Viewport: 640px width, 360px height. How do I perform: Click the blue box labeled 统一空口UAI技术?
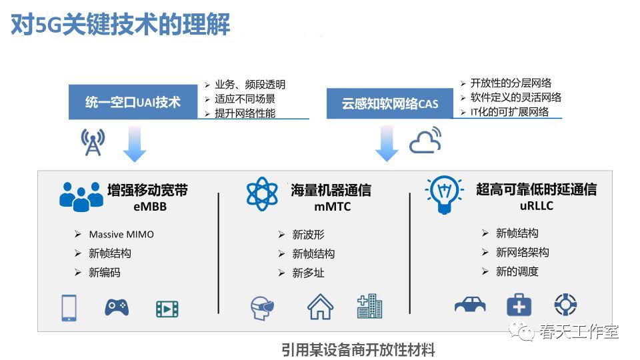click(x=133, y=101)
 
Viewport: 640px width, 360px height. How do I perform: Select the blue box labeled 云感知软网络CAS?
click(x=389, y=103)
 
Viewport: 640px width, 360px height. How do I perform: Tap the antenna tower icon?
click(x=93, y=142)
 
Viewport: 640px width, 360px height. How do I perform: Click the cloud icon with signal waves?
click(x=425, y=140)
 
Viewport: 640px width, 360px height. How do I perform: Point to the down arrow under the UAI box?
click(x=135, y=144)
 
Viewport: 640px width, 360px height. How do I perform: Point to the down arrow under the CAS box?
click(x=387, y=143)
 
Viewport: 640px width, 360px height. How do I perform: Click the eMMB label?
click(x=150, y=207)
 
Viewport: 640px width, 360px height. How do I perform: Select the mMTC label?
click(x=332, y=207)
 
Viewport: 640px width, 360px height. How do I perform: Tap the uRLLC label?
click(x=536, y=206)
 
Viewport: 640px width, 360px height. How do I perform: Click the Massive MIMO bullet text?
click(x=121, y=234)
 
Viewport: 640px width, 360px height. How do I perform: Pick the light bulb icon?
click(x=444, y=195)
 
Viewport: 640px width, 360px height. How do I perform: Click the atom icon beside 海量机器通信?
click(x=262, y=194)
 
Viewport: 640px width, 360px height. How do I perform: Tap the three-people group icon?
click(x=81, y=197)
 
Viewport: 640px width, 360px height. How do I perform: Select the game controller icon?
click(x=117, y=307)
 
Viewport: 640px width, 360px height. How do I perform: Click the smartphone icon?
click(x=69, y=308)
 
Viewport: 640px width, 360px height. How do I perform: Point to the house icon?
click(x=321, y=307)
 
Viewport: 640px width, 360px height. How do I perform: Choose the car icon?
click(x=470, y=305)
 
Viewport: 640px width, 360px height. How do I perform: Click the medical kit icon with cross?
click(x=519, y=305)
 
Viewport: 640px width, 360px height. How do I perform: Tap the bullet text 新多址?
click(x=308, y=273)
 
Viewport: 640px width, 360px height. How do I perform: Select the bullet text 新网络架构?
click(x=523, y=252)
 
